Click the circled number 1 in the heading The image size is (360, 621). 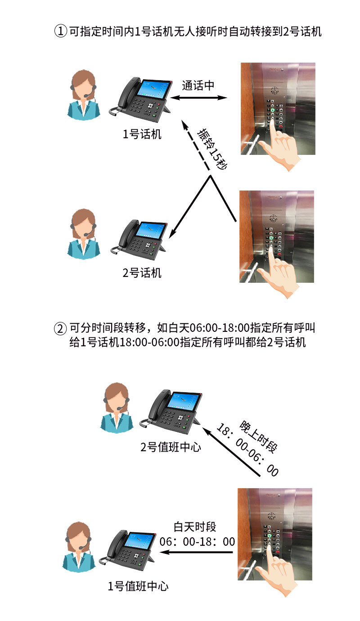click(60, 32)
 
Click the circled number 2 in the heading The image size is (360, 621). click(60, 328)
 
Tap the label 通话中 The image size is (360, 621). click(198, 86)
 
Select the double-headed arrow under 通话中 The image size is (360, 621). click(199, 98)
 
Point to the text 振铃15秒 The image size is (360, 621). click(213, 149)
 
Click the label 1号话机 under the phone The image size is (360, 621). click(142, 134)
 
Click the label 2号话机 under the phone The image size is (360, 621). click(142, 272)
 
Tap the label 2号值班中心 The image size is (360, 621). click(171, 447)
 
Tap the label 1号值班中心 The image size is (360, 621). click(138, 586)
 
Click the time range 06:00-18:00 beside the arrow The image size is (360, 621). click(197, 541)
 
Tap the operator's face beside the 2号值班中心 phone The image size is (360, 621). click(116, 397)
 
